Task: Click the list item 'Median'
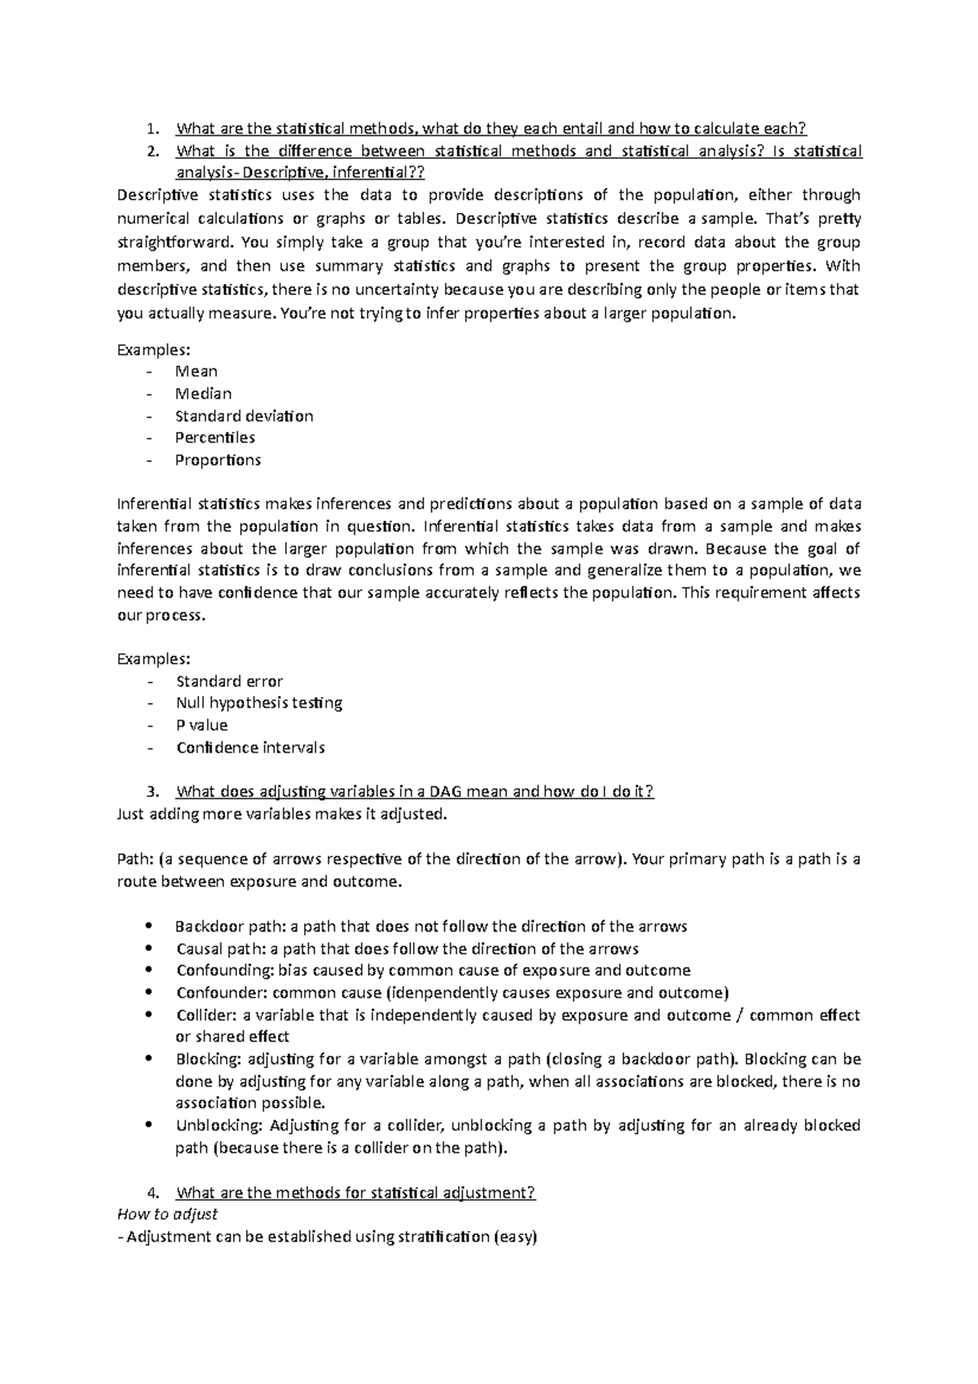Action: coord(204,394)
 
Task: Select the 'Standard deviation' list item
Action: coord(244,416)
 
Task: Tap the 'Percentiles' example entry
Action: coord(215,438)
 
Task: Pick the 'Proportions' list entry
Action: coord(218,460)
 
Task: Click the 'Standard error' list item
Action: coord(229,681)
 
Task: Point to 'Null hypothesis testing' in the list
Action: coord(258,703)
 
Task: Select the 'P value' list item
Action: coord(201,725)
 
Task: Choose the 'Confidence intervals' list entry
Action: coord(250,747)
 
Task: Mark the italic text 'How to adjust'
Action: coord(168,1214)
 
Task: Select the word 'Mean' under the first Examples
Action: coord(196,371)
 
